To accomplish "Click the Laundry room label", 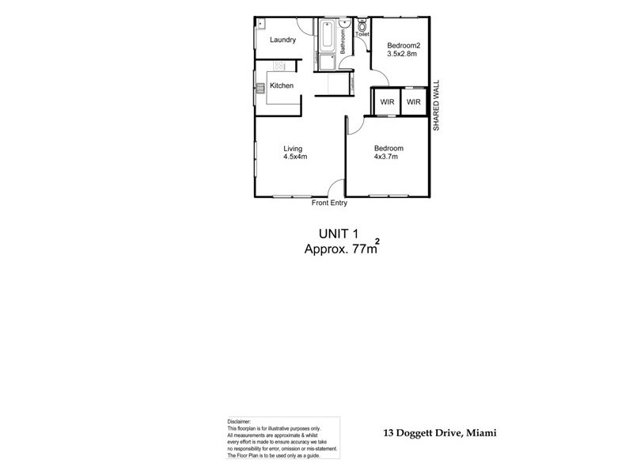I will pyautogui.click(x=282, y=40).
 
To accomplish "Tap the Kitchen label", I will pyautogui.click(x=282, y=85).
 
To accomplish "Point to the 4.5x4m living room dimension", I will pyautogui.click(x=295, y=157).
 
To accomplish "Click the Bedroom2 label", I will pyautogui.click(x=403, y=46).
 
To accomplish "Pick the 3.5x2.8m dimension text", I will pyautogui.click(x=403, y=54).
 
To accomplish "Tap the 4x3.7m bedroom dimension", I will pyautogui.click(x=385, y=157).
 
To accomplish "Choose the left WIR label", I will pyautogui.click(x=387, y=102).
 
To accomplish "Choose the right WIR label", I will pyautogui.click(x=414, y=102).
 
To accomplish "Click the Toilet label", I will pyautogui.click(x=362, y=35).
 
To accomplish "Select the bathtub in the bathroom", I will pyautogui.click(x=327, y=36).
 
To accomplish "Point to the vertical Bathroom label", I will pyautogui.click(x=343, y=40).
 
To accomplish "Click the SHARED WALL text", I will pyautogui.click(x=435, y=106).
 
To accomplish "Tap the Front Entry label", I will pyautogui.click(x=330, y=203).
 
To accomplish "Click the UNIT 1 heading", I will pyautogui.click(x=339, y=234).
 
